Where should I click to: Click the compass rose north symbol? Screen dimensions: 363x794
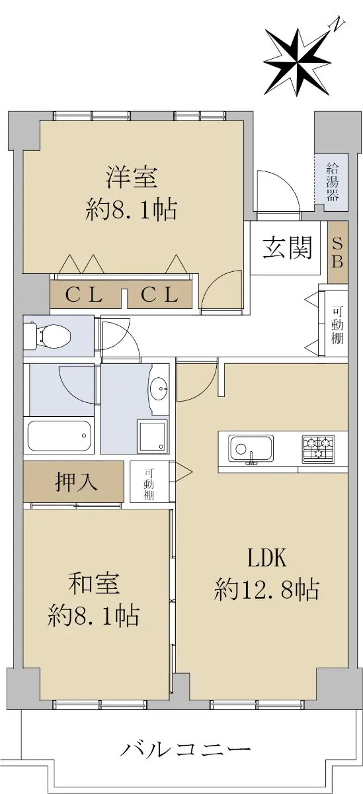coord(297,63)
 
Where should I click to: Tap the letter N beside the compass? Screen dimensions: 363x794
coord(337,24)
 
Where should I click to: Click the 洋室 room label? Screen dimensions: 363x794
coord(132,177)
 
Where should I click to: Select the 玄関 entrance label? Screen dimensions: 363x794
coord(287,247)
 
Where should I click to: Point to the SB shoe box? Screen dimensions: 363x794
coord(337,252)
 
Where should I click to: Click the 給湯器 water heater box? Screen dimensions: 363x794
coord(332,183)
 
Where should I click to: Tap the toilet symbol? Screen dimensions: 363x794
coord(49,335)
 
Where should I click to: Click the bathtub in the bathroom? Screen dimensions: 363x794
coord(59,436)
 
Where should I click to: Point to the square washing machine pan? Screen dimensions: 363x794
coord(152,437)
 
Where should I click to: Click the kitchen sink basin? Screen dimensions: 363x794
coord(251,449)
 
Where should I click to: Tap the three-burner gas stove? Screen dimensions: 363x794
coord(318,449)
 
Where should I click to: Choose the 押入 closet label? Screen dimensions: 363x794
coord(76,482)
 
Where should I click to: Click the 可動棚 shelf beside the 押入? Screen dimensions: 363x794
coord(149,482)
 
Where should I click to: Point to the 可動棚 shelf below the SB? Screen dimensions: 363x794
coord(337,326)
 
